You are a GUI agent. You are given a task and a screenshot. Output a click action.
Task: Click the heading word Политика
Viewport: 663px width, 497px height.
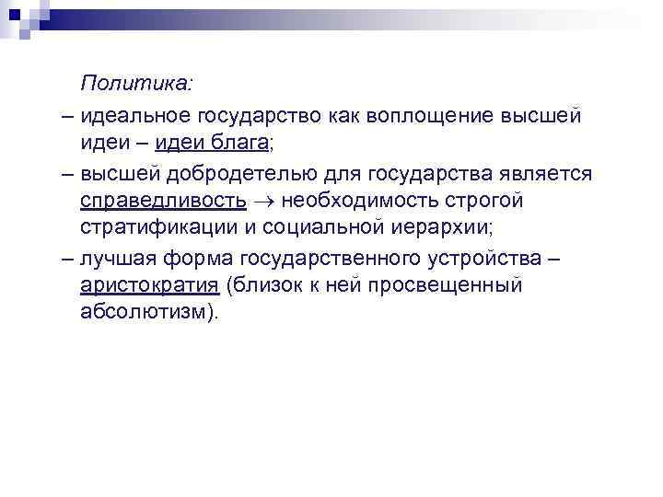tap(136, 85)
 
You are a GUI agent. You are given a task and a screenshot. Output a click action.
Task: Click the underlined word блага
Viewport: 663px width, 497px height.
tap(242, 143)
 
